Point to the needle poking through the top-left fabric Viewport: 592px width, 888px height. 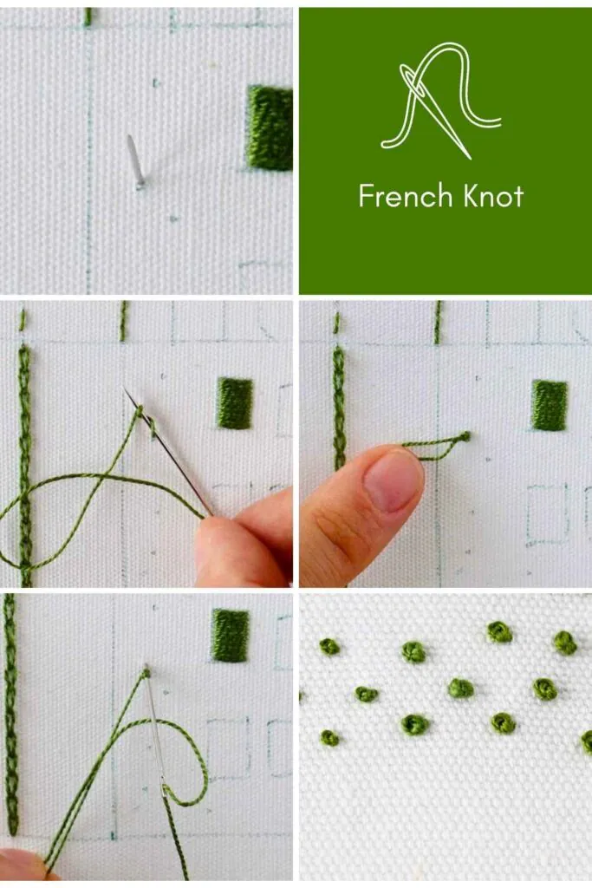pyautogui.click(x=134, y=160)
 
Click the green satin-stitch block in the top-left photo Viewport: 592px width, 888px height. pyautogui.click(x=270, y=127)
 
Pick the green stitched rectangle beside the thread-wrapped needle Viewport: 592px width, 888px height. pyautogui.click(x=235, y=403)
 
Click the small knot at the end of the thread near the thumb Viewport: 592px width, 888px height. pyautogui.click(x=465, y=436)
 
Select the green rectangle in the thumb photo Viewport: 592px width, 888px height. pyautogui.click(x=550, y=405)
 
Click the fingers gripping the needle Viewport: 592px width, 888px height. pyautogui.click(x=247, y=542)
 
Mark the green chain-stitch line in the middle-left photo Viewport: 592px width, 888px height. pyautogui.click(x=25, y=460)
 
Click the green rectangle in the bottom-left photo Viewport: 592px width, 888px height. pyautogui.click(x=231, y=635)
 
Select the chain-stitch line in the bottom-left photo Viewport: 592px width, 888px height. pyautogui.click(x=10, y=711)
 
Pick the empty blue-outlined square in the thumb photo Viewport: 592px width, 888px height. pyautogui.click(x=548, y=513)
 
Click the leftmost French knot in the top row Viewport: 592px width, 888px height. pyautogui.click(x=329, y=646)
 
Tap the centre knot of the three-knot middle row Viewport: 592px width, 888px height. pyautogui.click(x=461, y=688)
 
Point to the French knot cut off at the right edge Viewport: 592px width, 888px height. pyautogui.click(x=587, y=741)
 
